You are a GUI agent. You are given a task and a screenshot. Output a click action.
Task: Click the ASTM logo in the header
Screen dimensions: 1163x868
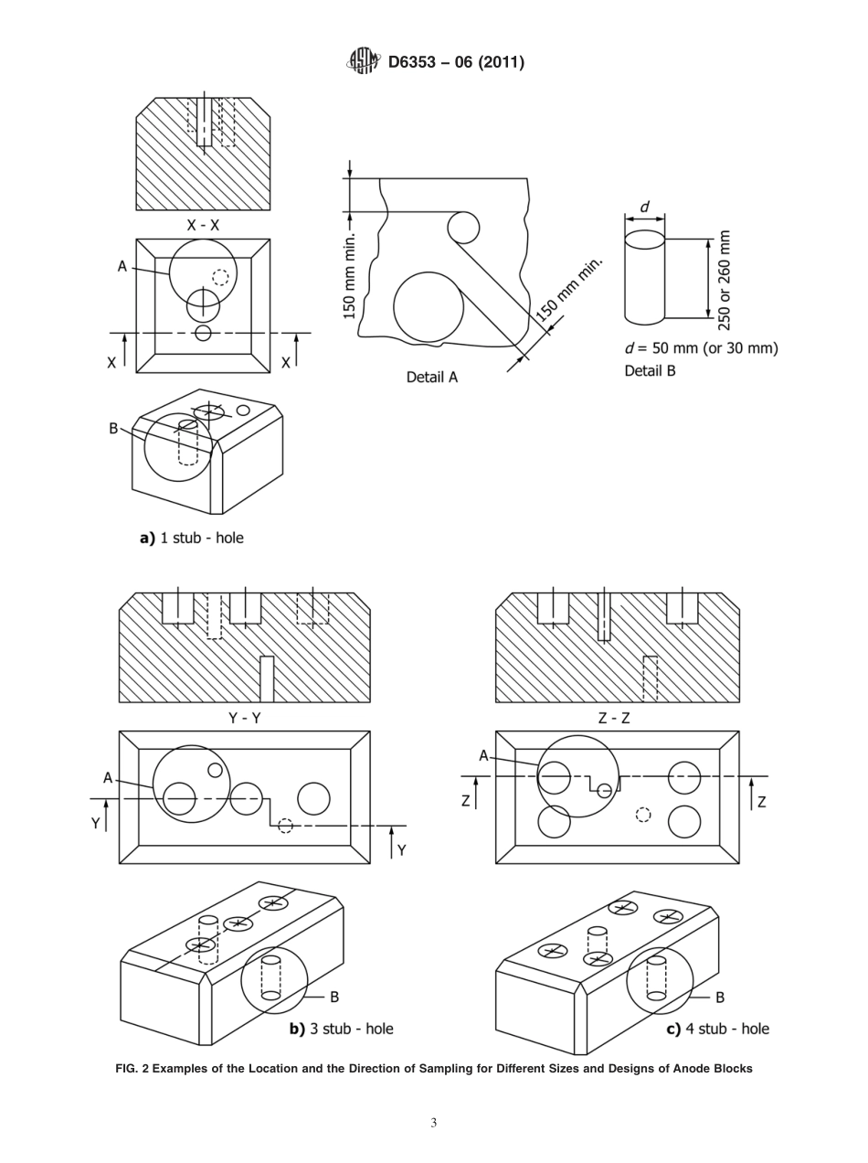tap(363, 61)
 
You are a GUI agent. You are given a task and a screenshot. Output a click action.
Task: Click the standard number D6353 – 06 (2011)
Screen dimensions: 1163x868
tap(456, 62)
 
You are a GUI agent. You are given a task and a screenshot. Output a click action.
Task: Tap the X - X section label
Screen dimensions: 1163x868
tap(203, 225)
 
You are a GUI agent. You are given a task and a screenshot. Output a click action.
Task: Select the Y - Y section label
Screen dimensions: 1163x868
tap(244, 718)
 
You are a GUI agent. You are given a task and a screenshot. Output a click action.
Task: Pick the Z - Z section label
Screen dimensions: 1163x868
tap(614, 718)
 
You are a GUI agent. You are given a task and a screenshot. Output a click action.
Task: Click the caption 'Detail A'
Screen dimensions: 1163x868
tap(431, 377)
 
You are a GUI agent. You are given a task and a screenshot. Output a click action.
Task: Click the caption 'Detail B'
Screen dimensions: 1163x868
tap(650, 370)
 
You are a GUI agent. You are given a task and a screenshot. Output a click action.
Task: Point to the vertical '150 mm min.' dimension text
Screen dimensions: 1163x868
tap(350, 275)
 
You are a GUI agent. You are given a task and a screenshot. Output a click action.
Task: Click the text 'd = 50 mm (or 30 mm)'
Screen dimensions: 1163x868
tap(701, 348)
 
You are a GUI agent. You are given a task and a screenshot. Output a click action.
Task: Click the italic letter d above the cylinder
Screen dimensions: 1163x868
tap(644, 208)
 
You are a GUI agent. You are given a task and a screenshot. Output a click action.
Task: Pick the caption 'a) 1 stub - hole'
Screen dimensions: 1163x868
tap(191, 538)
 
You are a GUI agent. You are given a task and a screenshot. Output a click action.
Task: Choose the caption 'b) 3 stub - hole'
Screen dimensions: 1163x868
tap(341, 1029)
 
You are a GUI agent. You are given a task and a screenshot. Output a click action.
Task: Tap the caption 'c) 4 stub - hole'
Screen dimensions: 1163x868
tap(717, 1029)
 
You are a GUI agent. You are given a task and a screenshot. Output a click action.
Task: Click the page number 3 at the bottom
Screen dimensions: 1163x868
tap(434, 1123)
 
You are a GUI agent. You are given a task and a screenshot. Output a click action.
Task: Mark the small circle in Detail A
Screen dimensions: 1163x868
tap(463, 228)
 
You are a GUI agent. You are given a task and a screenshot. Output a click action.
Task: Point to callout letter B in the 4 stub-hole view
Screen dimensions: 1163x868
tap(719, 998)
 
